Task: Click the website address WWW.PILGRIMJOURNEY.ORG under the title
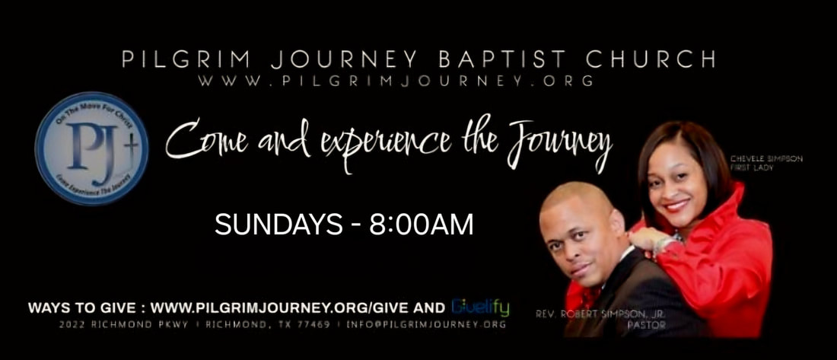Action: pyautogui.click(x=396, y=81)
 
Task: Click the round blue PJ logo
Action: pyautogui.click(x=91, y=148)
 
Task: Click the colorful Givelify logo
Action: pyautogui.click(x=480, y=307)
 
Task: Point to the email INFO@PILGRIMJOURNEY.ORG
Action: pyautogui.click(x=426, y=324)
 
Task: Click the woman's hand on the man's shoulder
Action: pyautogui.click(x=647, y=241)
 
